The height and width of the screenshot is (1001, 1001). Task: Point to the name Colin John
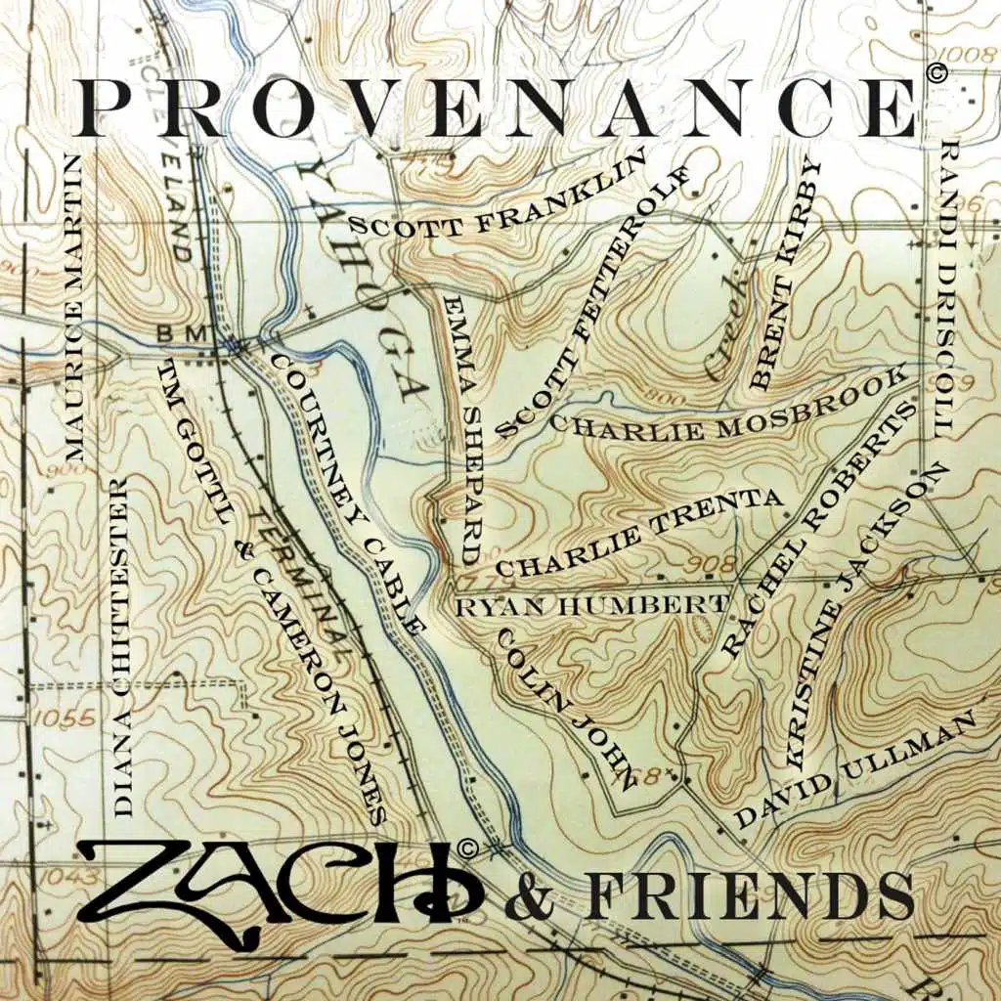(x=567, y=700)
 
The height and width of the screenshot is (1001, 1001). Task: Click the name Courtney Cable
(x=347, y=495)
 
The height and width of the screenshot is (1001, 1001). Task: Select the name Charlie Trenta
(x=640, y=532)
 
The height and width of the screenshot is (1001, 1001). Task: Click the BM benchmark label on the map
(x=183, y=334)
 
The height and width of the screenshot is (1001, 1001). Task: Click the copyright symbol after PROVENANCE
(x=936, y=71)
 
